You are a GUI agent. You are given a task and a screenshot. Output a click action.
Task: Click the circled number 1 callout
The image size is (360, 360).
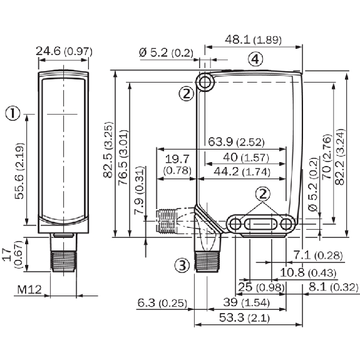pos(13,113)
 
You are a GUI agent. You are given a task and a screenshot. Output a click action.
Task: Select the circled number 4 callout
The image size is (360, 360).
pos(255,59)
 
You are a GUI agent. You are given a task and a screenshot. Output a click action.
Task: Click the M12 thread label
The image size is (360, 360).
pos(29,290)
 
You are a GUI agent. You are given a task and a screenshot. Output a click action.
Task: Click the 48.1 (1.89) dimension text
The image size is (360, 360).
pos(253,39)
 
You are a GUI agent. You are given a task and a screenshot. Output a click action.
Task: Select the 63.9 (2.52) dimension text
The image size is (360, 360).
pos(236,142)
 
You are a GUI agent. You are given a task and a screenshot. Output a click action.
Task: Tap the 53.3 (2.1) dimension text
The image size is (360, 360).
pos(244,318)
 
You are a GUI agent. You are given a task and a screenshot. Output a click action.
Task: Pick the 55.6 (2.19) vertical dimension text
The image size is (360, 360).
pos(19,171)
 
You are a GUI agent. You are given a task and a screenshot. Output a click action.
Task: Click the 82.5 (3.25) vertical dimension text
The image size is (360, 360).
pos(108,150)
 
